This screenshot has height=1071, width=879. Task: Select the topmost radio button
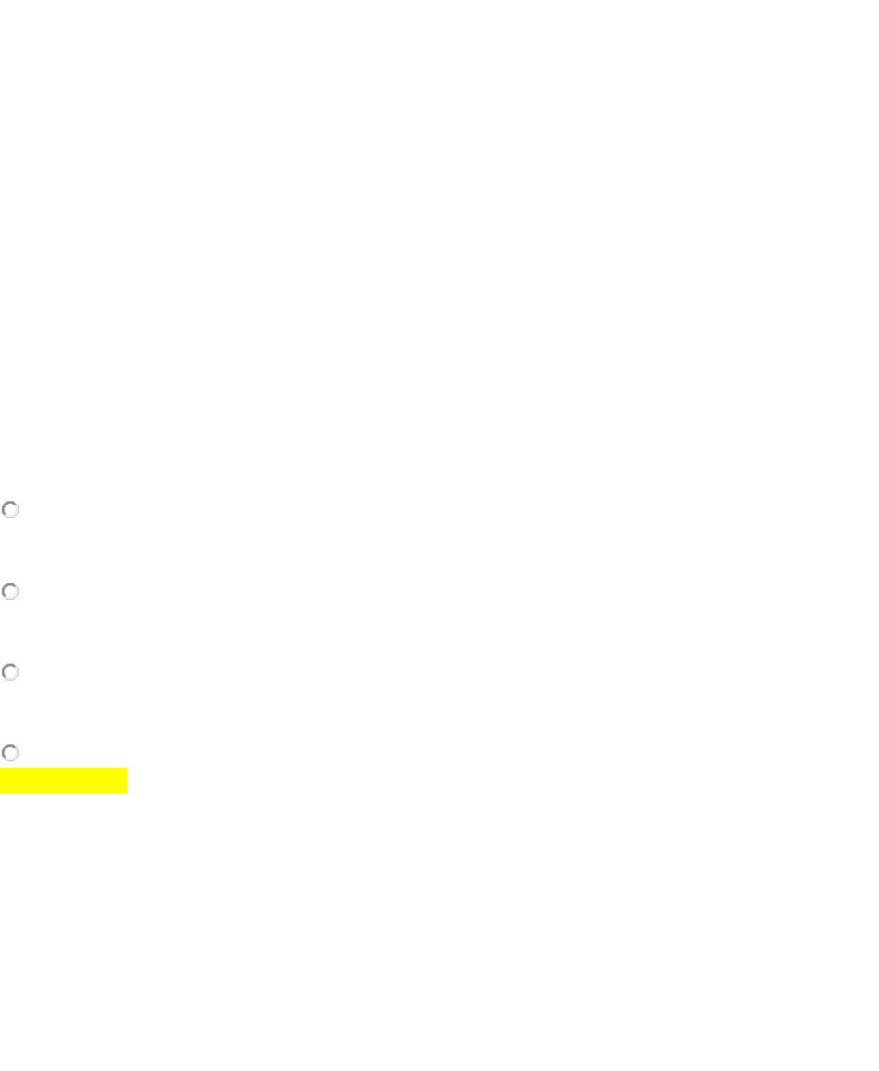point(10,510)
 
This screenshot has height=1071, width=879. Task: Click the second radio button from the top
point(10,591)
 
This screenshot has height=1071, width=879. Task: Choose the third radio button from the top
point(10,672)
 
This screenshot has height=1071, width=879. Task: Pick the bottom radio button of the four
point(10,753)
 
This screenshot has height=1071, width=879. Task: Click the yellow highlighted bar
point(63,781)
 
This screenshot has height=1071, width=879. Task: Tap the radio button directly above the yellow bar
point(10,753)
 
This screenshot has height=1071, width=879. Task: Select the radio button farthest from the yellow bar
point(10,510)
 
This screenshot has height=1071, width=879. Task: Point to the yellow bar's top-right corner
point(126,769)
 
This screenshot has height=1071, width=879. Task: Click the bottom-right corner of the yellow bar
point(126,792)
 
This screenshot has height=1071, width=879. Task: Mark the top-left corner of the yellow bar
point(1,769)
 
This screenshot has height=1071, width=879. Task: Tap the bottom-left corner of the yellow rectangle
point(1,792)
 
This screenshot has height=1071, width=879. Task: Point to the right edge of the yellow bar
point(126,781)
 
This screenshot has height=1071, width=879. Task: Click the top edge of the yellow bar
point(63,769)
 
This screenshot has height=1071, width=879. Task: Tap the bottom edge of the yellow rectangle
point(63,792)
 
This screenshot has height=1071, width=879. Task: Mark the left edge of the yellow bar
point(1,781)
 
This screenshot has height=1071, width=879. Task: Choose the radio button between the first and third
point(10,591)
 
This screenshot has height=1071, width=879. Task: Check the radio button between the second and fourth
point(10,672)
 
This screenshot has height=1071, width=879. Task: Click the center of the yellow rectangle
point(63,781)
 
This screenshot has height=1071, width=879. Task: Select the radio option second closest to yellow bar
point(10,672)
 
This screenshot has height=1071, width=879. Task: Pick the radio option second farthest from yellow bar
point(10,591)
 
